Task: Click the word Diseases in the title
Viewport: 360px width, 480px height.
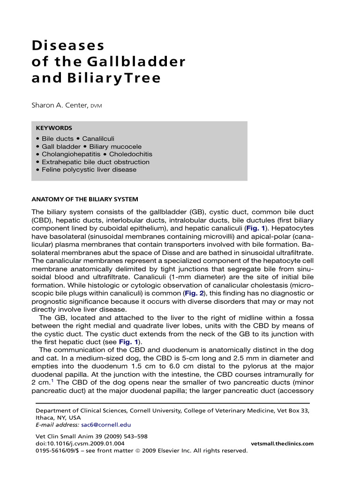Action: point(68,46)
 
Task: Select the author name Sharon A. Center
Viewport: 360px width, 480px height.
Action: point(60,106)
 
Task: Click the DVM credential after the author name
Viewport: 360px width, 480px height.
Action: point(96,106)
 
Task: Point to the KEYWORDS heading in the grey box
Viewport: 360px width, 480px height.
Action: point(54,127)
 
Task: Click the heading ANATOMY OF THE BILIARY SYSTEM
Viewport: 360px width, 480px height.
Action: point(85,199)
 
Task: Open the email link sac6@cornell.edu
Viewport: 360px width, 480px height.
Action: point(105,425)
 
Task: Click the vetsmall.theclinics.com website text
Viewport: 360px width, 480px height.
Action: point(282,443)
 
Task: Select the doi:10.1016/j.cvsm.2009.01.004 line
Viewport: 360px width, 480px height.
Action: point(80,443)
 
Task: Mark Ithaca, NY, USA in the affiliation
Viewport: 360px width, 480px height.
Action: point(58,417)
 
